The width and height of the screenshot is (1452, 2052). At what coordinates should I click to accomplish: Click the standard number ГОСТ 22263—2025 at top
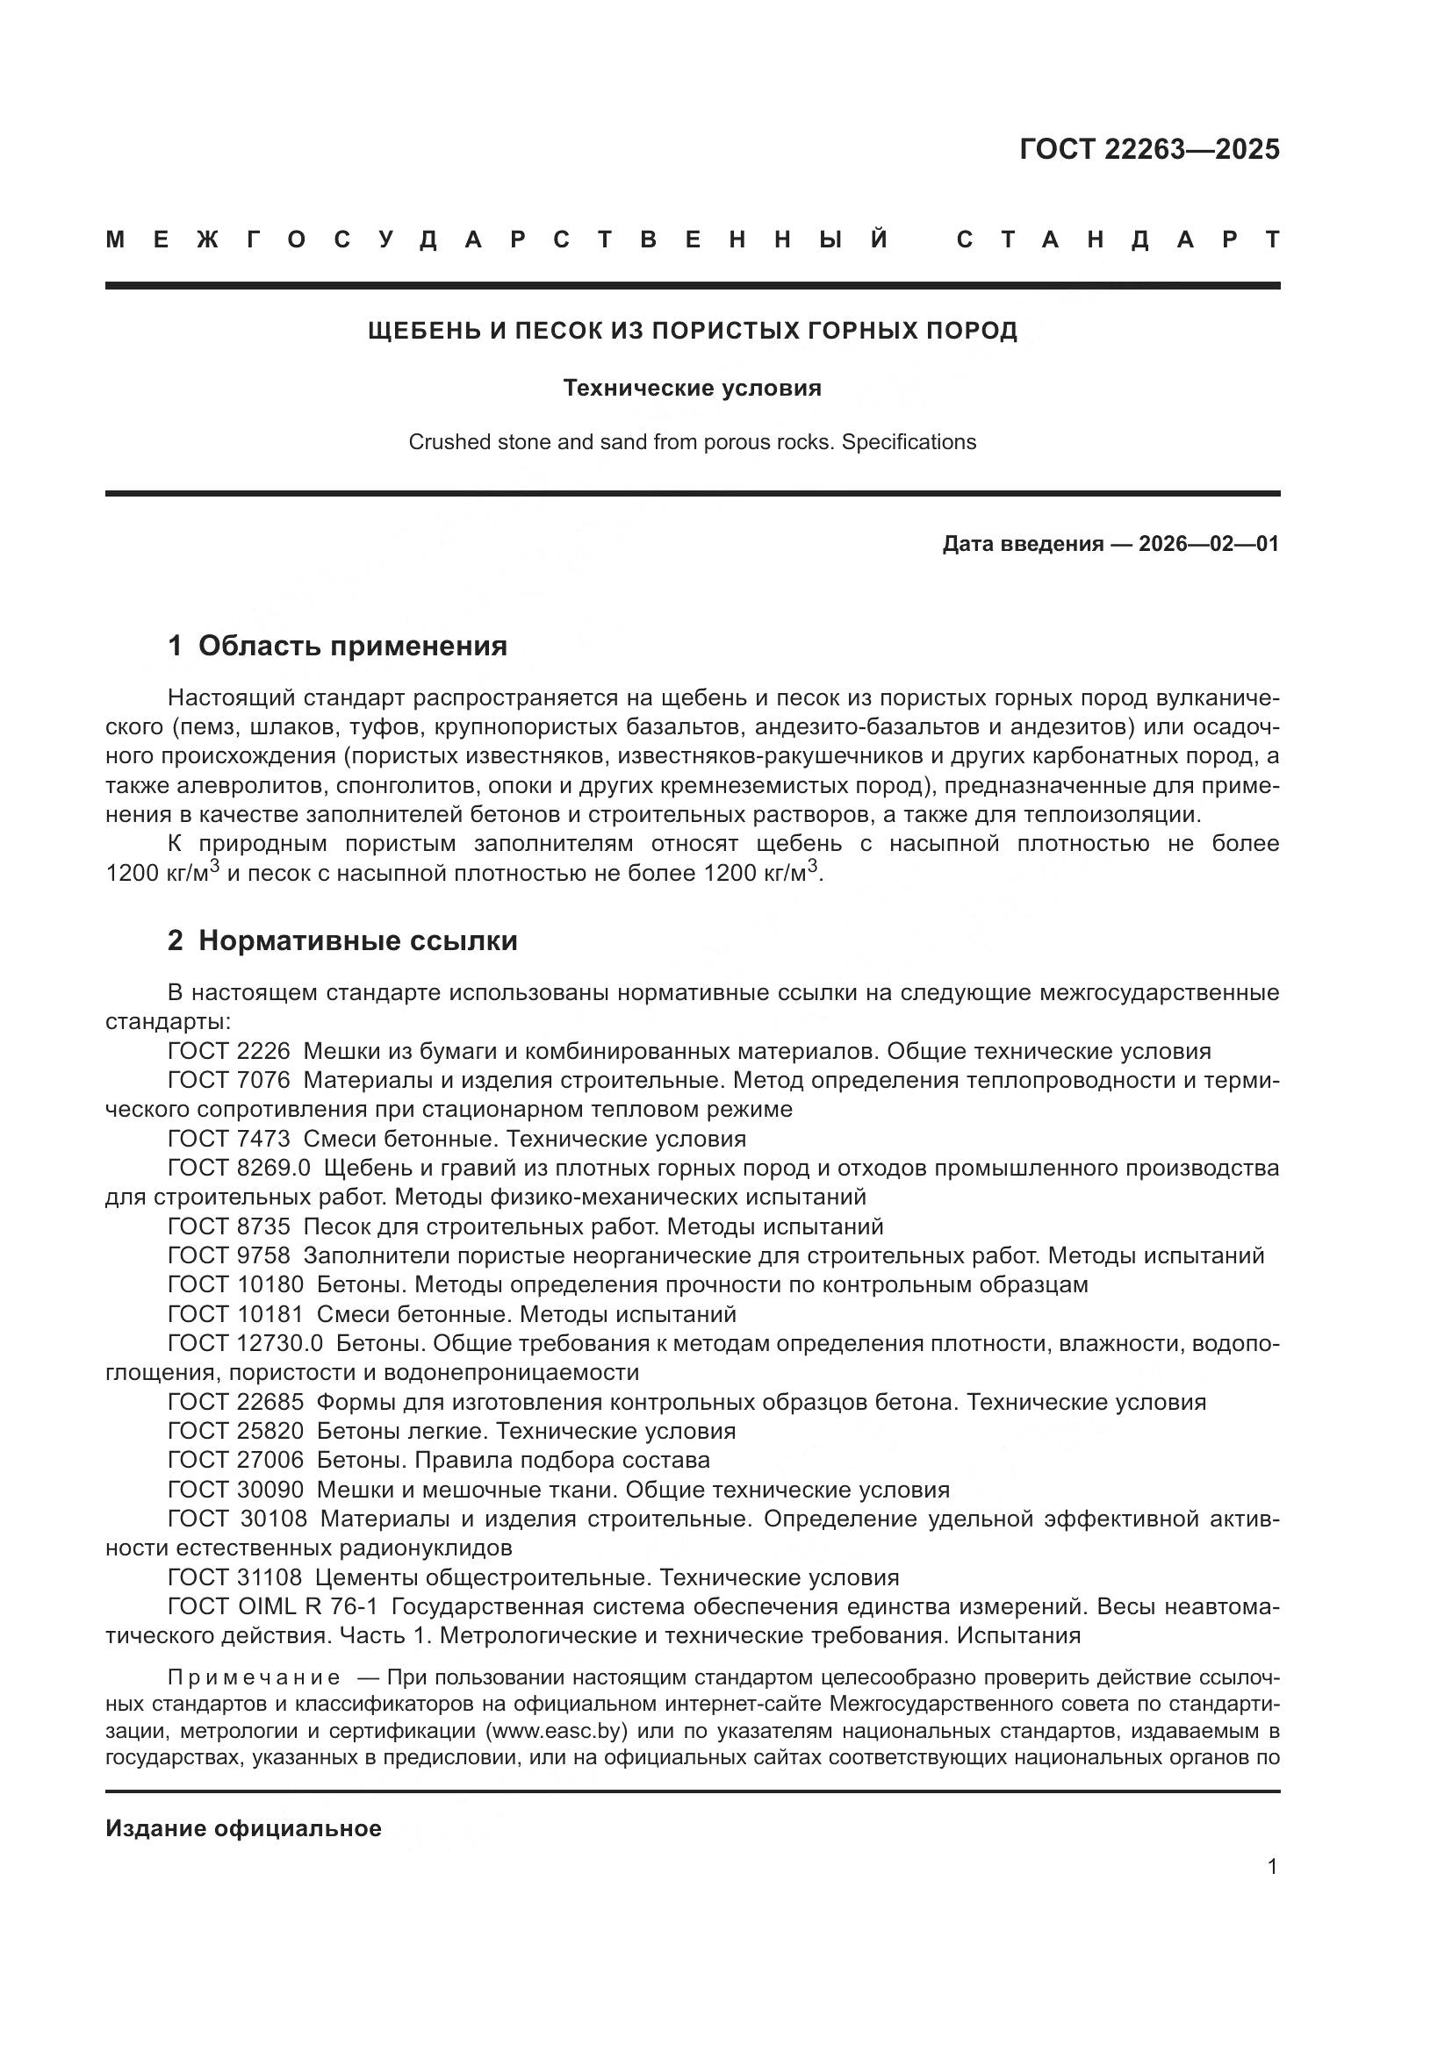click(x=1149, y=149)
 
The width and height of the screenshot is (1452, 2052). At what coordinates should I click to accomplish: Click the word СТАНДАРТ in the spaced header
click(x=1118, y=240)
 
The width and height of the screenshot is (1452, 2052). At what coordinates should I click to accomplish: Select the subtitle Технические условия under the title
click(x=692, y=388)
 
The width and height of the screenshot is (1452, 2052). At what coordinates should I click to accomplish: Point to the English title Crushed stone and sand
click(x=692, y=441)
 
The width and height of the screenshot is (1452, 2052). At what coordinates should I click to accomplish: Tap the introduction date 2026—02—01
click(x=1208, y=543)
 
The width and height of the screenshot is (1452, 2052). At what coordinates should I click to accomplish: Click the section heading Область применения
click(x=352, y=647)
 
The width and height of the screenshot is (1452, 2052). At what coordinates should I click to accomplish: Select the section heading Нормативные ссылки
click(x=357, y=941)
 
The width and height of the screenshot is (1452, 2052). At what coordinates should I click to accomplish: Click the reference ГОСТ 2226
click(x=229, y=1051)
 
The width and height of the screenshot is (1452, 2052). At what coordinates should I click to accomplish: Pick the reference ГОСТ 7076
click(x=229, y=1081)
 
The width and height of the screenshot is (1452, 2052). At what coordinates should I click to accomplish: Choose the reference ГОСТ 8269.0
click(x=239, y=1168)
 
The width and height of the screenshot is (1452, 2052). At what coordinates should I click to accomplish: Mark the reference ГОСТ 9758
click(x=229, y=1255)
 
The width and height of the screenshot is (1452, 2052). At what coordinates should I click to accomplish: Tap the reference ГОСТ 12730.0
click(x=245, y=1343)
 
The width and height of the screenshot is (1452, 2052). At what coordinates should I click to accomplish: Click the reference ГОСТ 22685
click(x=235, y=1402)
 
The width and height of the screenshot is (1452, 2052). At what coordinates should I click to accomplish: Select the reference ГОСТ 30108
click(x=237, y=1519)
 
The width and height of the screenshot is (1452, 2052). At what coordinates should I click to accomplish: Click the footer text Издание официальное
click(x=243, y=1828)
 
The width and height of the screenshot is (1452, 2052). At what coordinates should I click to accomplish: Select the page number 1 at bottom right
click(x=1272, y=1866)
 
